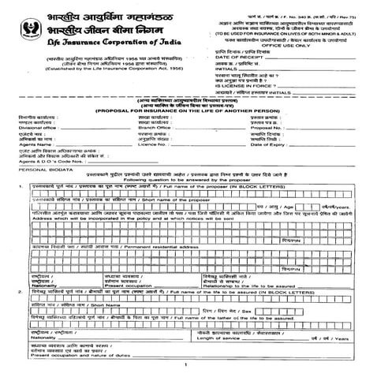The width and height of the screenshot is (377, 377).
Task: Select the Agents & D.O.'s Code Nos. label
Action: (47, 162)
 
